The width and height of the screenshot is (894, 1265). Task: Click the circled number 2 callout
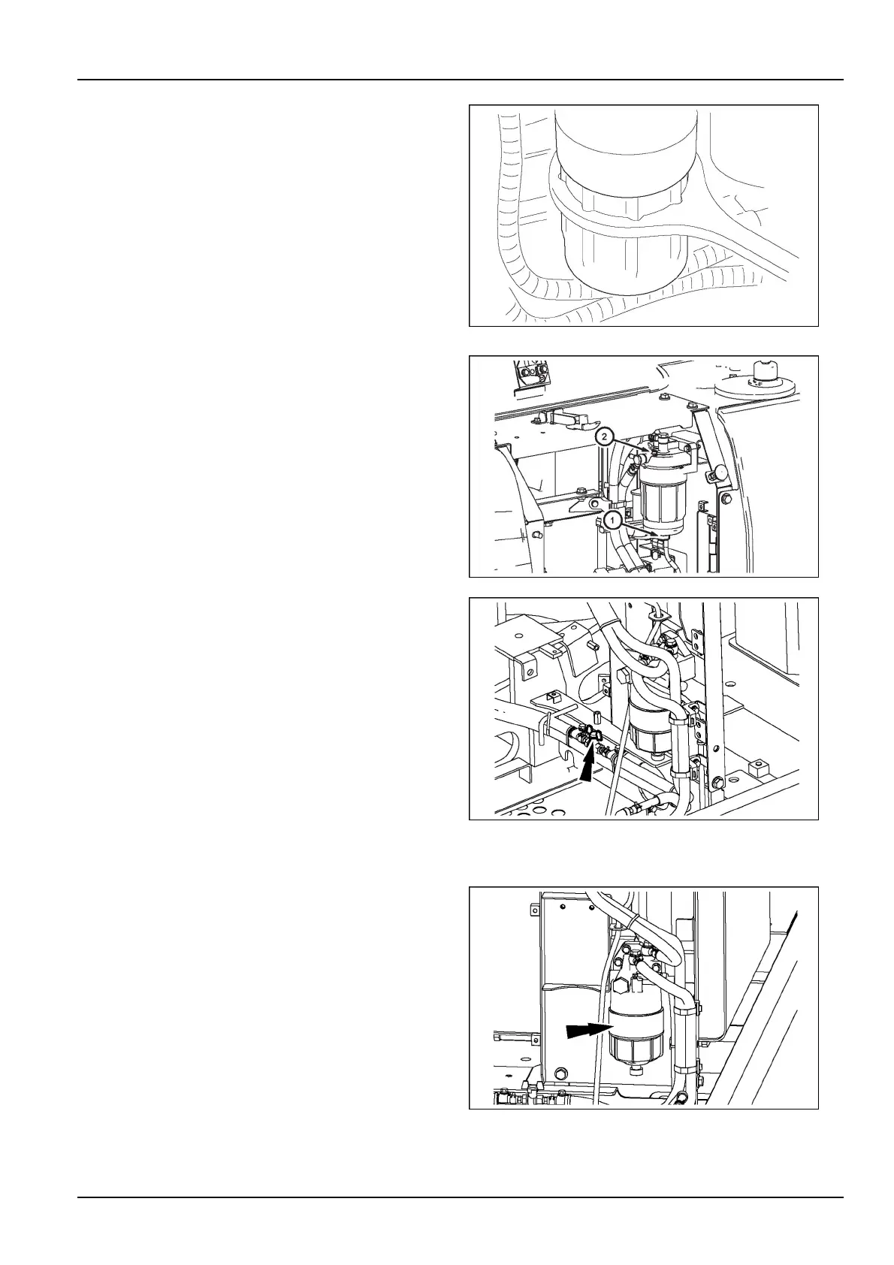[603, 436]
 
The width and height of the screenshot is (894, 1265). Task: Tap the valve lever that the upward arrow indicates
[590, 732]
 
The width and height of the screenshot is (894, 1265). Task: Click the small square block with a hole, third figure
[760, 768]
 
